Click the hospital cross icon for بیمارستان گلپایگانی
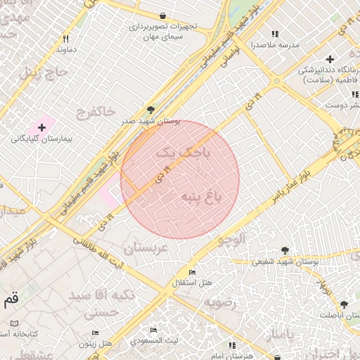click(x=42, y=127)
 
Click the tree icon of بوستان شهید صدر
click(x=150, y=109)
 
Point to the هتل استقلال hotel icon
click(x=192, y=273)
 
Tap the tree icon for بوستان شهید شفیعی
click(x=285, y=250)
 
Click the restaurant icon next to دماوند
click(x=66, y=39)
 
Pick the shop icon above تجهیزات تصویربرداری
click(x=163, y=15)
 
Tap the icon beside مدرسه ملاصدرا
click(x=274, y=33)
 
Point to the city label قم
click(x=11, y=300)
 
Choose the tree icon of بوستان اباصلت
click(x=344, y=304)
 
